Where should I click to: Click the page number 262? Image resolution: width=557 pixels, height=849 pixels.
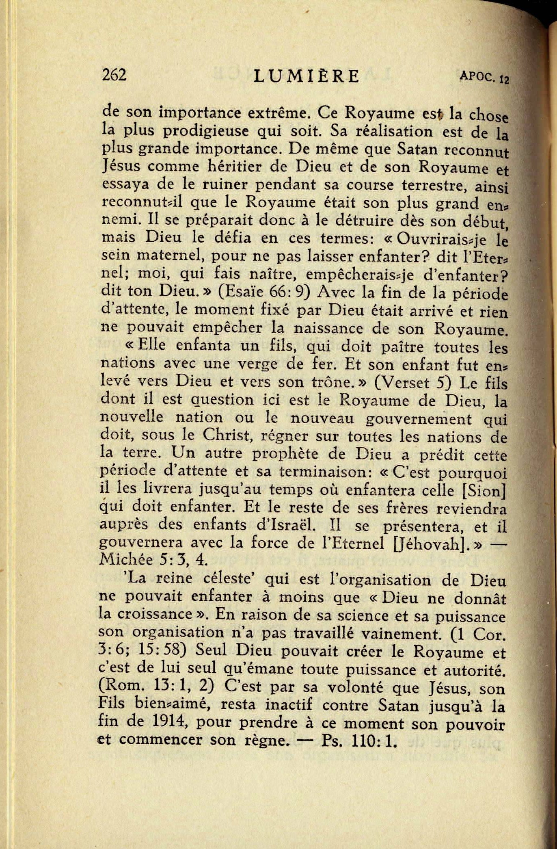pyautogui.click(x=114, y=75)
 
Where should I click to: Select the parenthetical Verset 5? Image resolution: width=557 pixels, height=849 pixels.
pyautogui.click(x=408, y=383)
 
